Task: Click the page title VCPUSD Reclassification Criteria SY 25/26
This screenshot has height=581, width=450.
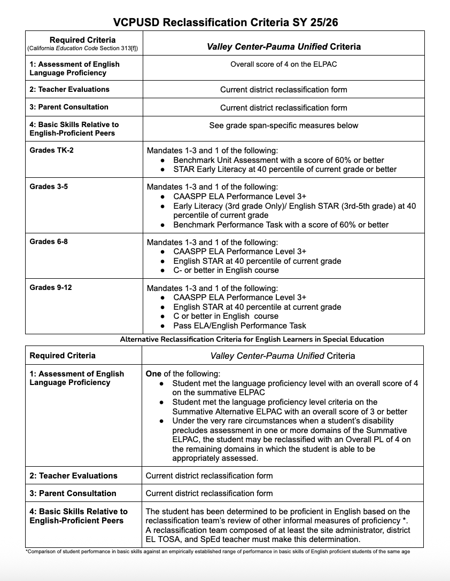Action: [x=225, y=22]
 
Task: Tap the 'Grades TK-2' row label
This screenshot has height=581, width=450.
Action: [x=52, y=150]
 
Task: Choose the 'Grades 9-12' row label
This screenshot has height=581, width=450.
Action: [x=51, y=287]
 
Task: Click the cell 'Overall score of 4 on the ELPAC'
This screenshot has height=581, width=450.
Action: [x=283, y=64]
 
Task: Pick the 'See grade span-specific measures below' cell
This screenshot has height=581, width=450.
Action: [x=283, y=125]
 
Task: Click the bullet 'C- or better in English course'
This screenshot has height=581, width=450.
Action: [x=226, y=270]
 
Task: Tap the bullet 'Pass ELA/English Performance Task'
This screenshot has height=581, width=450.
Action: [x=239, y=325]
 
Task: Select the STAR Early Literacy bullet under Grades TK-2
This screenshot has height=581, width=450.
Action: [x=284, y=169]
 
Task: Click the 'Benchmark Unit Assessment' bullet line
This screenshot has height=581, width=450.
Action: [x=278, y=160]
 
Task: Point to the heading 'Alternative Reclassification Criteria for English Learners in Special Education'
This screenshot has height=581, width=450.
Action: [x=252, y=339]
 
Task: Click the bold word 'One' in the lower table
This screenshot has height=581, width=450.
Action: [x=153, y=373]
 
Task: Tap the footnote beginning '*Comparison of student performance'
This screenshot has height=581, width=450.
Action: [x=218, y=552]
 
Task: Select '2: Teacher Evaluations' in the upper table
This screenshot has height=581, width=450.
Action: [x=69, y=89]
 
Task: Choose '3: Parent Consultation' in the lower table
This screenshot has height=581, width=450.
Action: [x=73, y=493]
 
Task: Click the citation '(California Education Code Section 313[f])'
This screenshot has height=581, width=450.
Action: [x=82, y=49]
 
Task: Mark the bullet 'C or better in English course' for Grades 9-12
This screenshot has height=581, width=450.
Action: [x=226, y=316]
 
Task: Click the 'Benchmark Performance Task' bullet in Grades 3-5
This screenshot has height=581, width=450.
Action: [x=281, y=224]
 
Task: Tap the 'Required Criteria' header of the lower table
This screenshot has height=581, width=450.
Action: [x=63, y=356]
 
